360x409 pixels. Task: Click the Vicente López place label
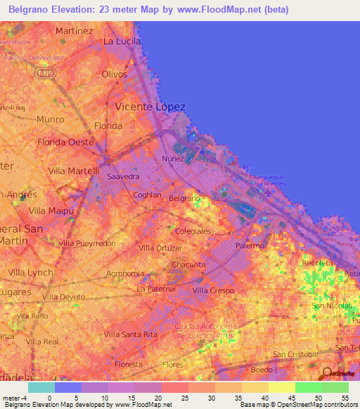click(x=150, y=107)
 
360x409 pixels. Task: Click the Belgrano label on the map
click(x=185, y=199)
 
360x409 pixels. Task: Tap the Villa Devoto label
click(x=63, y=297)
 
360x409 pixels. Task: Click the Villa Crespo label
click(x=213, y=290)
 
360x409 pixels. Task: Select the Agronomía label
click(x=125, y=273)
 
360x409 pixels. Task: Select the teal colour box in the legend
click(x=41, y=387)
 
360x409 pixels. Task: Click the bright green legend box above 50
click(x=308, y=387)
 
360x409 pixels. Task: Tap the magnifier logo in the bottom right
click(x=326, y=374)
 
